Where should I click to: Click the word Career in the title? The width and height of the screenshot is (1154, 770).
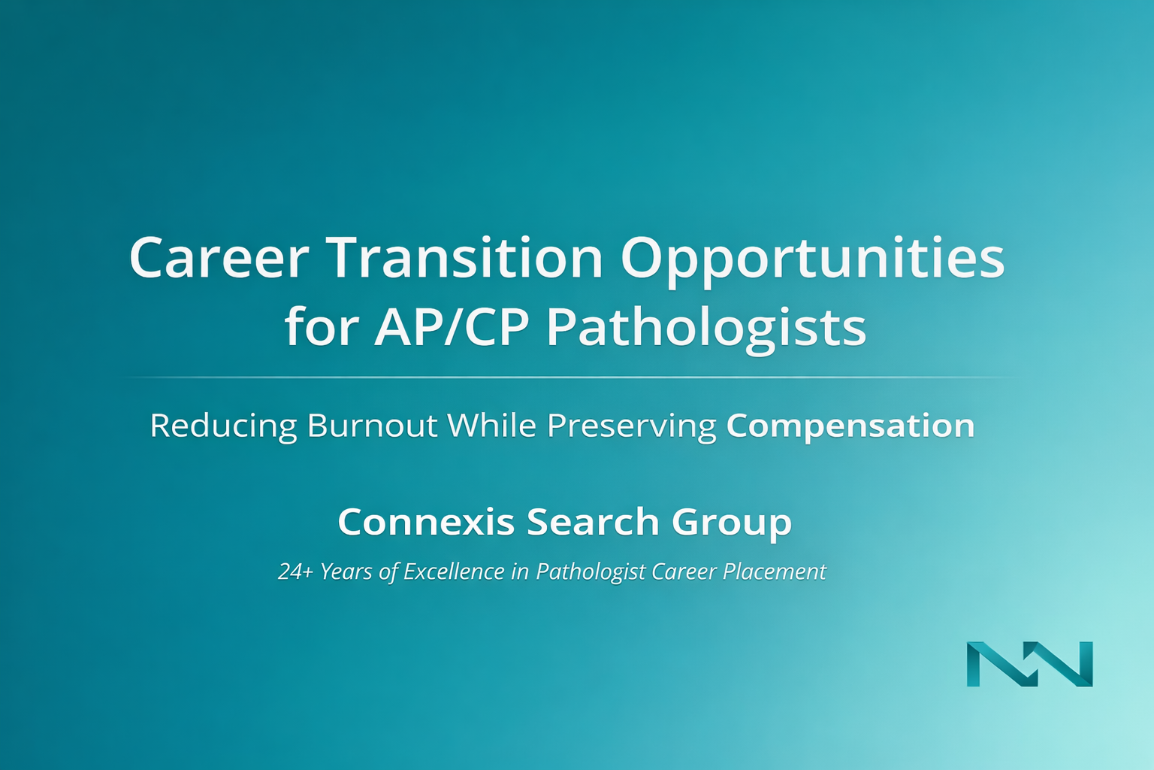pyautogui.click(x=219, y=258)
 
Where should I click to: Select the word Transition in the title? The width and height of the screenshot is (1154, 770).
pyautogui.click(x=466, y=257)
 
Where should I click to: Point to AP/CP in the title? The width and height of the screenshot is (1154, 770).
pyautogui.click(x=451, y=326)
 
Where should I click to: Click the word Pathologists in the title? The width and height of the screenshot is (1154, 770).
pyautogui.click(x=706, y=330)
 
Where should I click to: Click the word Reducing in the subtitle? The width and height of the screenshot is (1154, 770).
pyautogui.click(x=223, y=427)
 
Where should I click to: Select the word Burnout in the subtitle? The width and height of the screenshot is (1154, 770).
pyautogui.click(x=373, y=426)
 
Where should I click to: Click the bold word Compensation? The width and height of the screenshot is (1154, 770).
pyautogui.click(x=850, y=427)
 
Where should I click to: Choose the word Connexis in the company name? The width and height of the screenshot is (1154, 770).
pyautogui.click(x=426, y=522)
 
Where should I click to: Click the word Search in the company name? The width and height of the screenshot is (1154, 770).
pyautogui.click(x=593, y=522)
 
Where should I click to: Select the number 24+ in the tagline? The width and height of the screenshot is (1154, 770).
pyautogui.click(x=296, y=571)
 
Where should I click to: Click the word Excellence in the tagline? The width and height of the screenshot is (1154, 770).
pyautogui.click(x=454, y=571)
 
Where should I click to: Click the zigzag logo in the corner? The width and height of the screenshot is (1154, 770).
pyautogui.click(x=1029, y=664)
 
